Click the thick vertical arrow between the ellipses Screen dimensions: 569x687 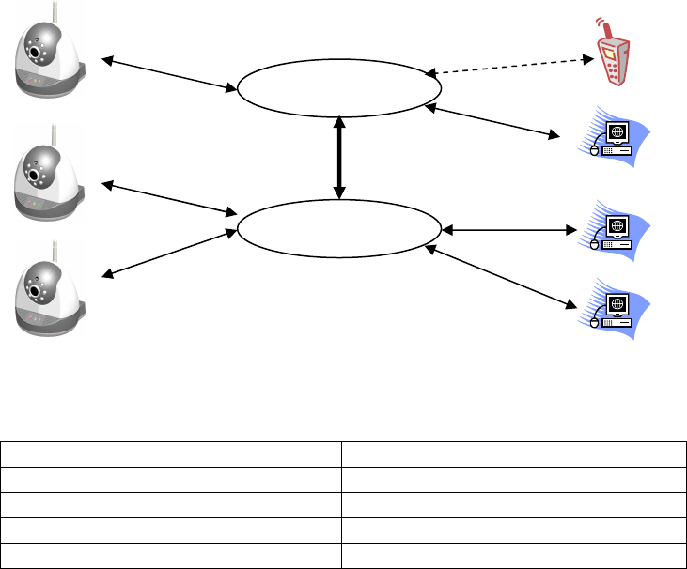pyautogui.click(x=339, y=156)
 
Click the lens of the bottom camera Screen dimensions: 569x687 pyautogui.click(x=37, y=292)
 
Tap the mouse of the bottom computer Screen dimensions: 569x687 pyautogui.click(x=594, y=322)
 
